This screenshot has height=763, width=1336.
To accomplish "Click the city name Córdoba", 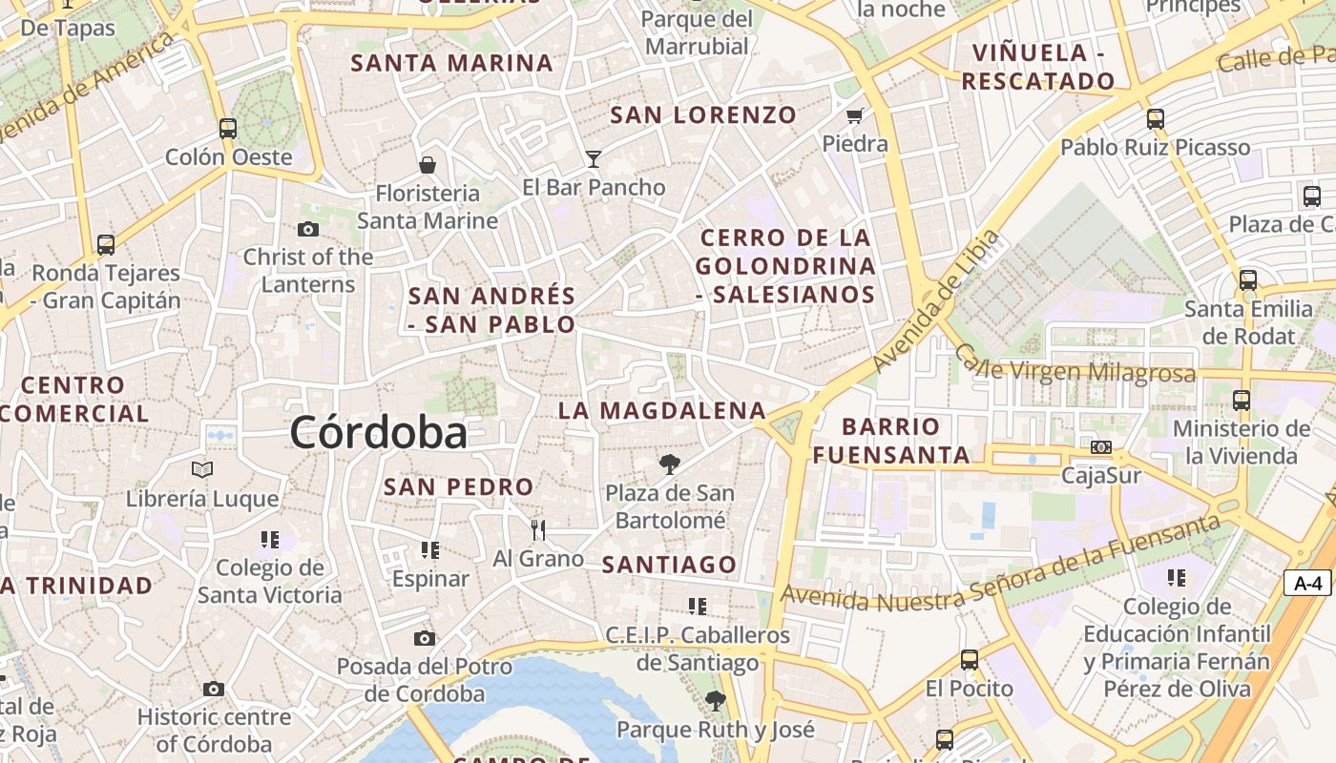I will tap(379, 433).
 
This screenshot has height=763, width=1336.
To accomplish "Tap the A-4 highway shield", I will tap(1306, 583).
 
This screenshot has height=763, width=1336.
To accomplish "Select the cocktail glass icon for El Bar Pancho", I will tap(594, 158).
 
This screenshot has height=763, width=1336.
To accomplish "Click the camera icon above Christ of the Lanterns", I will tap(307, 229).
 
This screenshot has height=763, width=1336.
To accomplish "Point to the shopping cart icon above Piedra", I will tap(854, 116).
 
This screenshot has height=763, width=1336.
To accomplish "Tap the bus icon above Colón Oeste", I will tap(227, 129).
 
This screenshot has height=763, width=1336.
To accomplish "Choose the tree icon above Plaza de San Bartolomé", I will tap(670, 464).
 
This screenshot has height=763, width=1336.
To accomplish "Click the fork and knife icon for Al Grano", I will tap(538, 530).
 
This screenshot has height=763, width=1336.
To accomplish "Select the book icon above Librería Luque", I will tap(202, 469).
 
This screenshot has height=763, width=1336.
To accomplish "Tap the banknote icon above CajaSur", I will tap(1101, 447).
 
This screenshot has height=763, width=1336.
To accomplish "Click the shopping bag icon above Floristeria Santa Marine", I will tap(427, 165).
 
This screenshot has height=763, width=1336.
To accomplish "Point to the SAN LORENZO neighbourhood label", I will tap(703, 115).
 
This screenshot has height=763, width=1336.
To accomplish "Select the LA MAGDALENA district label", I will tap(662, 411).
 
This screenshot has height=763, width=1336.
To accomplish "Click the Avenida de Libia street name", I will tap(935, 301).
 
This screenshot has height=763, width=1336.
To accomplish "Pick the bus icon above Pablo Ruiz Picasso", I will tap(1156, 119).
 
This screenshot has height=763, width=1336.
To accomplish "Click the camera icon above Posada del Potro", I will tap(425, 638).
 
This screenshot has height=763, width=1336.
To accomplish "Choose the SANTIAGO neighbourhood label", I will tap(670, 565).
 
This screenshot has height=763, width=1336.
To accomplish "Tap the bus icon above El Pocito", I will tap(969, 659).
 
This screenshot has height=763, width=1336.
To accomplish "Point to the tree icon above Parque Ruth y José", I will tap(715, 702).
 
